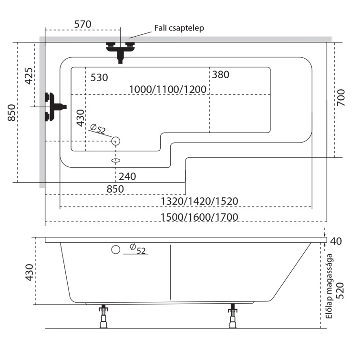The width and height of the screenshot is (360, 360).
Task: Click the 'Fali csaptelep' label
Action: (x=179, y=28)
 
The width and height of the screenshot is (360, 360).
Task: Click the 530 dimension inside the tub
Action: (x=99, y=77)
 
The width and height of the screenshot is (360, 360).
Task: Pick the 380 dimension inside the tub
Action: (x=220, y=74)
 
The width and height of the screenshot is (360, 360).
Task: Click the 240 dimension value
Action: (x=127, y=176)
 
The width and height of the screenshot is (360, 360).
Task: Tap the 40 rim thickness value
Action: (x=336, y=241)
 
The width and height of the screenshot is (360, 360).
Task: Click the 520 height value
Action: (x=340, y=289)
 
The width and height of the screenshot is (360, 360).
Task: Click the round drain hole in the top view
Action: (x=115, y=141)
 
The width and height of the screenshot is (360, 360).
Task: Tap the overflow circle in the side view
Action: (x=114, y=250)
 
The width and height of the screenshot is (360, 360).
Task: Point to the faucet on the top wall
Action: (x=120, y=51)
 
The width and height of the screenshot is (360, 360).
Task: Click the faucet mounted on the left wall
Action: (x=53, y=106)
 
